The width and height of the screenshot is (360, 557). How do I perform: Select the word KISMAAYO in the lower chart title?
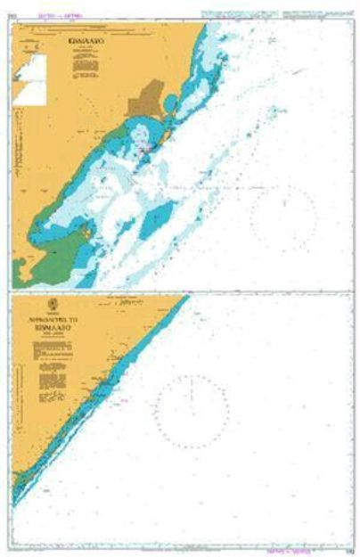[53, 327]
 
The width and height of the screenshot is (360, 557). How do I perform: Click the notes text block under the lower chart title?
[53, 351]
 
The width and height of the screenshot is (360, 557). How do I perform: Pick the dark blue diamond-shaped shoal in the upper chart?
[158, 217]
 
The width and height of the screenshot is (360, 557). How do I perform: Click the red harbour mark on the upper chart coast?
[147, 150]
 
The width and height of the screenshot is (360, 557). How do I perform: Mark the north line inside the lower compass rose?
[192, 392]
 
